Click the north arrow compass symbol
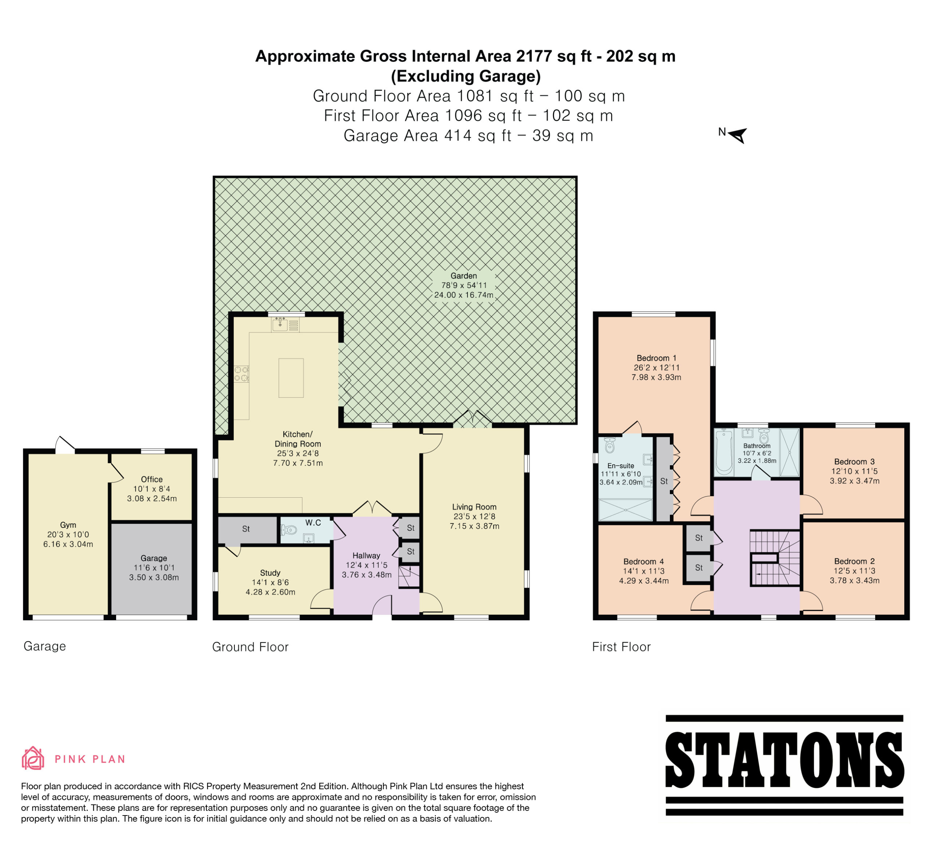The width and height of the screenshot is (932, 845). coord(738,135)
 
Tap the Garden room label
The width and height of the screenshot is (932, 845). coord(464,276)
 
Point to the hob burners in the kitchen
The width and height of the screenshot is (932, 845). coord(241,374)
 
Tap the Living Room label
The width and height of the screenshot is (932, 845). coord(474,507)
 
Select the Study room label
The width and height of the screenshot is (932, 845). coord(270,573)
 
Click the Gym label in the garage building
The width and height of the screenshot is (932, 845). coord(68,525)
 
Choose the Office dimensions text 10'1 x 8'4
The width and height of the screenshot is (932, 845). coord(152,489)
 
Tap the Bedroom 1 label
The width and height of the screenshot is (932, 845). coord(656,358)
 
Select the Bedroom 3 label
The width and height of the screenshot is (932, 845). coord(854,461)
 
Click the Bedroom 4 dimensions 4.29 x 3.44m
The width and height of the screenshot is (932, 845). coord(644,581)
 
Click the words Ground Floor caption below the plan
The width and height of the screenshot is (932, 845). coord(250,647)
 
